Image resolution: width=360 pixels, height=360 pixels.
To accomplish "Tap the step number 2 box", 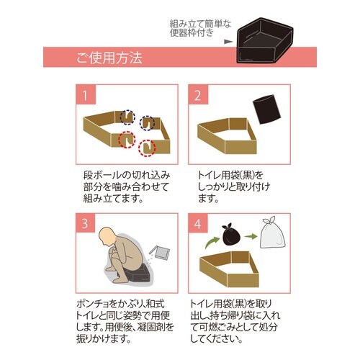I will pyautogui.click(x=198, y=95).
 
